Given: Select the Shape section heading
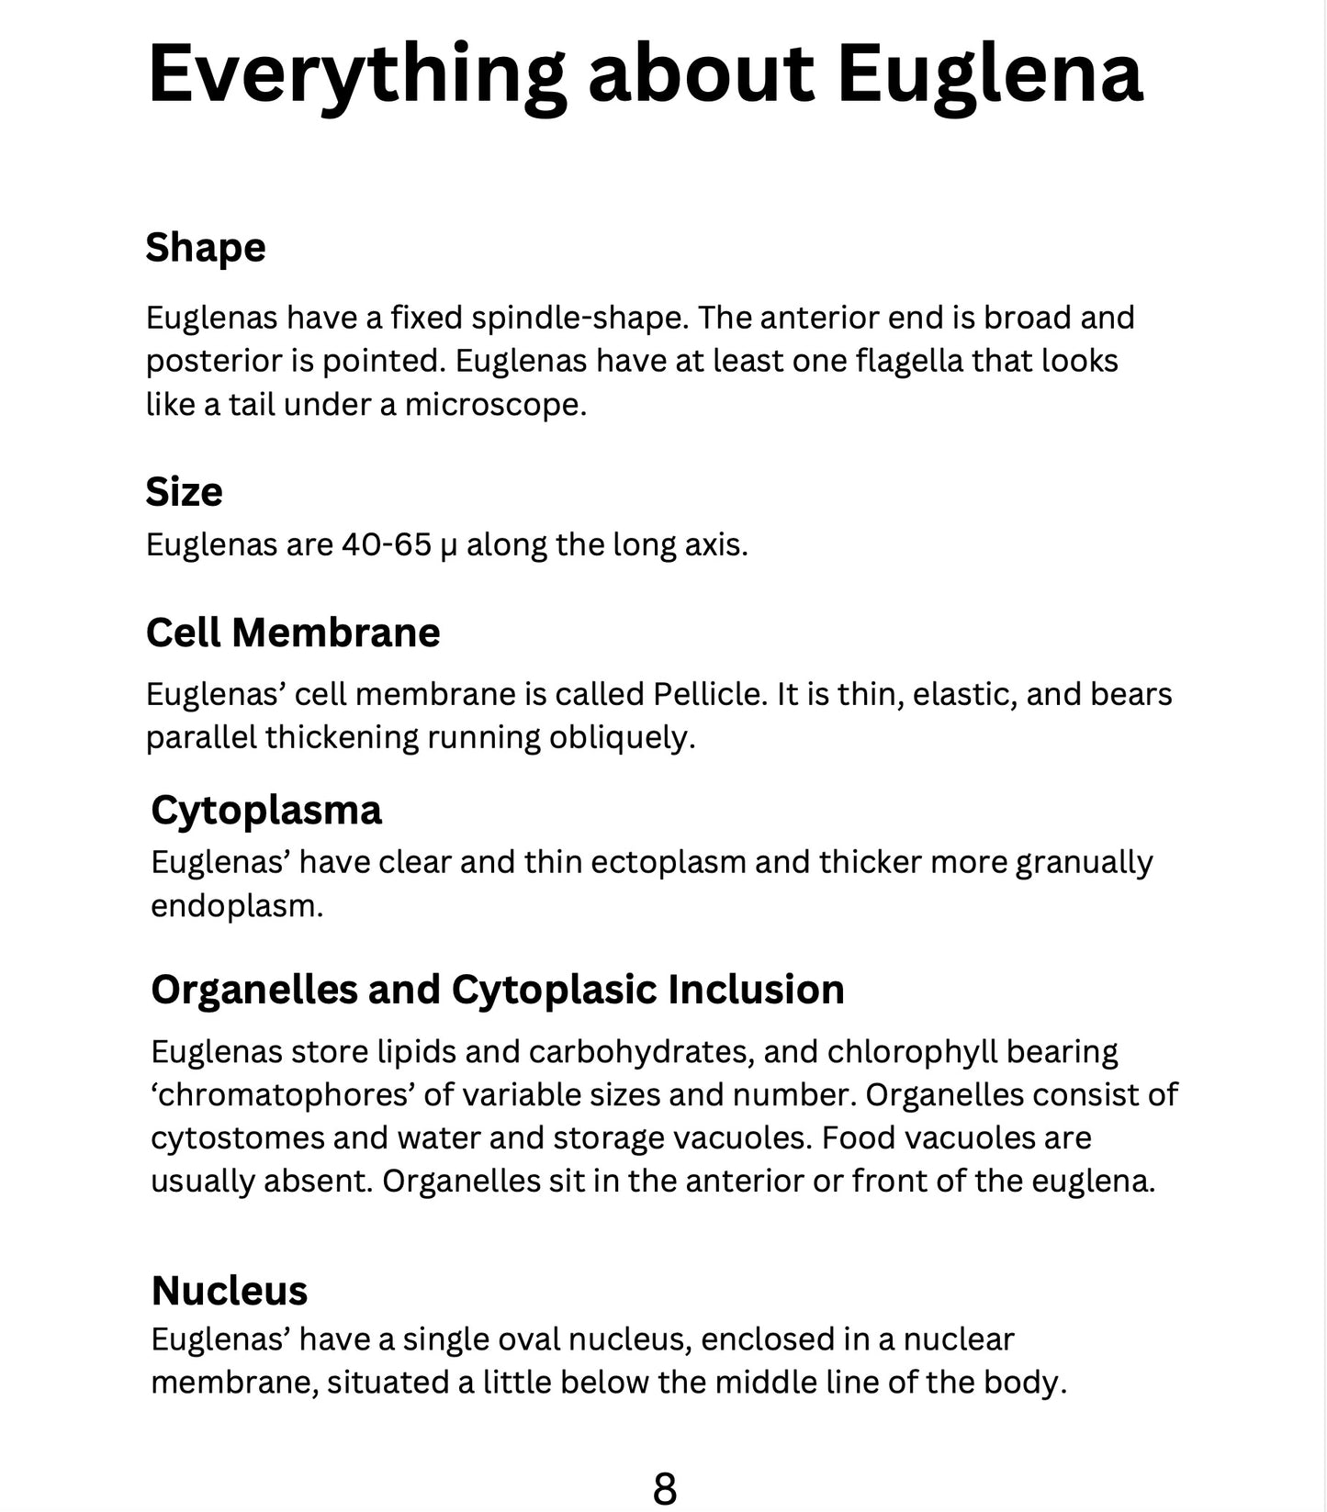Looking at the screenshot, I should [x=206, y=248].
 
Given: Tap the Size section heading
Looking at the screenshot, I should [x=184, y=492].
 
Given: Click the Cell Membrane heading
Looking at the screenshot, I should [x=293, y=633].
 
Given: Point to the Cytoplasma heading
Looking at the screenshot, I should [x=266, y=811].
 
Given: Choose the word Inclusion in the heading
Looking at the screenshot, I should [x=756, y=990].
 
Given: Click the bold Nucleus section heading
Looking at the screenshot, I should [x=230, y=1291].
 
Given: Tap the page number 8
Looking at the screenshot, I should [x=664, y=1488].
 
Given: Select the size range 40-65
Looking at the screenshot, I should [x=387, y=545].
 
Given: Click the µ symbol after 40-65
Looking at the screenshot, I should [x=448, y=547].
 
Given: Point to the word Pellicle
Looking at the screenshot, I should [x=708, y=694].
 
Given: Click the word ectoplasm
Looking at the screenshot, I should [x=668, y=863].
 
